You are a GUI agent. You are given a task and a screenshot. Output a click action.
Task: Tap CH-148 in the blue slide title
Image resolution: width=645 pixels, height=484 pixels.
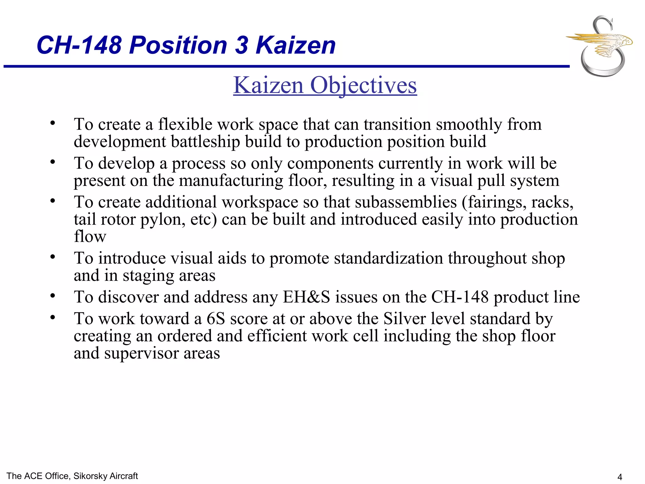click(x=79, y=45)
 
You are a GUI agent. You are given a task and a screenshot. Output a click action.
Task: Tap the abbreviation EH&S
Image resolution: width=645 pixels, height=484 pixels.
click(x=306, y=297)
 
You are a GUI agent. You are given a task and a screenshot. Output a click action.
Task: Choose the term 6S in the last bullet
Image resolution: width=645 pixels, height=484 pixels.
click(x=216, y=319)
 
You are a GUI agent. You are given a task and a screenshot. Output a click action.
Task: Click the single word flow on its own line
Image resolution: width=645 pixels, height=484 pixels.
click(x=90, y=237)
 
